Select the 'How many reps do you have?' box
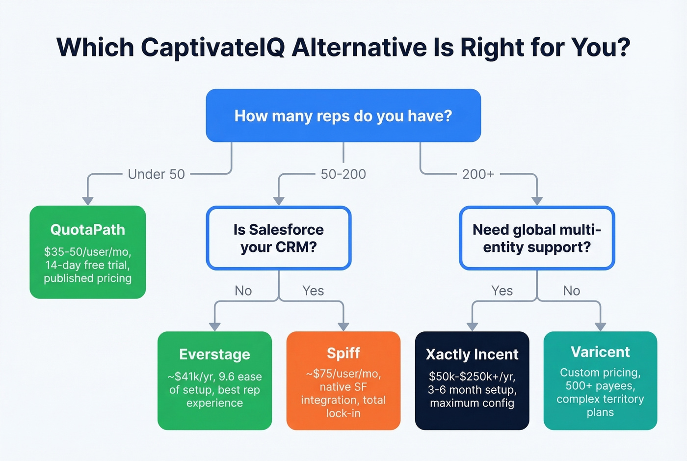pyautogui.click(x=343, y=116)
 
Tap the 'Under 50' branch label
pyautogui.click(x=156, y=174)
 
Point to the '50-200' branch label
pyautogui.click(x=343, y=174)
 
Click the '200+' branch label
pyautogui.click(x=478, y=174)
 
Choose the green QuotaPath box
pyautogui.click(x=88, y=252)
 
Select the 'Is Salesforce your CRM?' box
pyautogui.click(x=279, y=238)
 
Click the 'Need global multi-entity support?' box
pyautogui.click(x=537, y=238)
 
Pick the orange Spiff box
pyautogui.click(x=343, y=380)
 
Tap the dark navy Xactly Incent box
pyautogui.click(x=472, y=380)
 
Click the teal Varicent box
pyautogui.click(x=600, y=380)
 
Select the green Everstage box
pyautogui.click(x=214, y=380)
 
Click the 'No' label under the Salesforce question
pyautogui.click(x=243, y=291)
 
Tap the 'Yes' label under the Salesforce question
pyautogui.click(x=313, y=291)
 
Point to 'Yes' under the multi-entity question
pyautogui.click(x=502, y=291)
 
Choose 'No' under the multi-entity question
pyautogui.click(x=571, y=291)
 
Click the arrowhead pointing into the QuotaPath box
pyautogui.click(x=88, y=201)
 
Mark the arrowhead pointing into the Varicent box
pyautogui.click(x=600, y=327)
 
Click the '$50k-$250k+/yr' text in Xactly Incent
pyautogui.click(x=472, y=377)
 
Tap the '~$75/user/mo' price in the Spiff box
pyautogui.click(x=343, y=374)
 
